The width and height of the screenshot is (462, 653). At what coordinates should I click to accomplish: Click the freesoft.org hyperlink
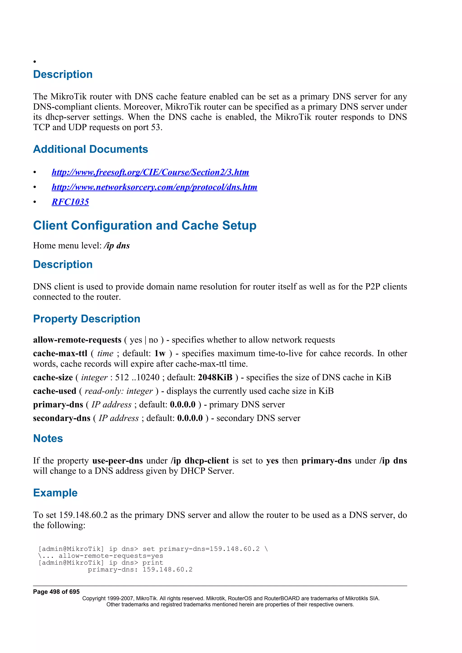[x=150, y=172]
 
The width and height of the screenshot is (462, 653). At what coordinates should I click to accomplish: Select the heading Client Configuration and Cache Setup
[x=145, y=225]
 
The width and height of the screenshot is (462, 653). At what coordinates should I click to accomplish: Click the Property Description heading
[x=87, y=319]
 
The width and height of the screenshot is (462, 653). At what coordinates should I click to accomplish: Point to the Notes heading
[x=48, y=438]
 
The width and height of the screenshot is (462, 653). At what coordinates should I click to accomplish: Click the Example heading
[x=55, y=493]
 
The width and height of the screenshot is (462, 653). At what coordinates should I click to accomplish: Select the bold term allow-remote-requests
[x=77, y=340]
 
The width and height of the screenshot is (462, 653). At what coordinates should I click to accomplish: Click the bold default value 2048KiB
[x=215, y=377]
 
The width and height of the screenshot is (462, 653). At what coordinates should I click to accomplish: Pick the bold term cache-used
[x=55, y=391]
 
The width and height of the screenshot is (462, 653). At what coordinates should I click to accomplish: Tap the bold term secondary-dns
[x=62, y=418]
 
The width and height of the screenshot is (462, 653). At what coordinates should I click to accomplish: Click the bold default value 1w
[x=160, y=354]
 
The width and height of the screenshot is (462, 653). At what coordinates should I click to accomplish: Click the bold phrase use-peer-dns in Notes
[x=117, y=461]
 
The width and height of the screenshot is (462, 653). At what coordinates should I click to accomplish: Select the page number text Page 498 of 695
[x=56, y=592]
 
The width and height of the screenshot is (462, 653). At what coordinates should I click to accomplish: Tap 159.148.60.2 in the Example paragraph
[x=83, y=515]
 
